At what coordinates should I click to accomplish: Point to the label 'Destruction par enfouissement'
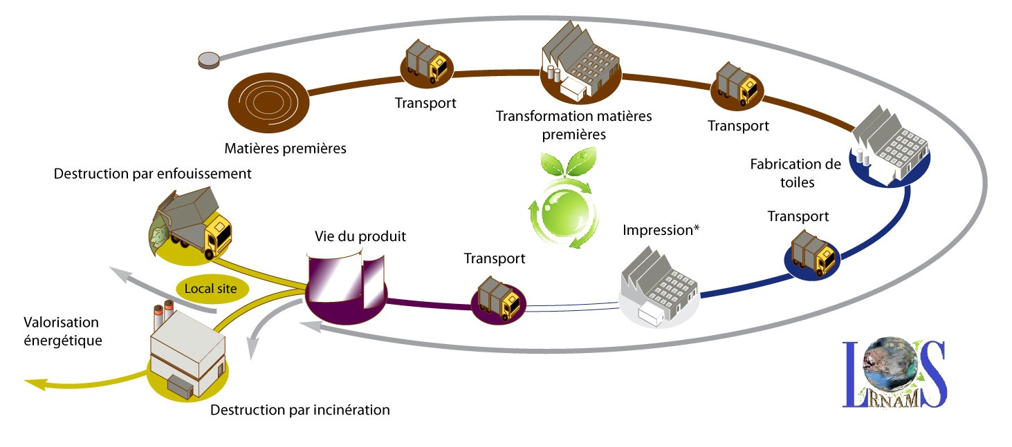[152, 174]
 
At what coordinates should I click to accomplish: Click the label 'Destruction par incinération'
[300, 410]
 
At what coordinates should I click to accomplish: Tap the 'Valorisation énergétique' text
[62, 331]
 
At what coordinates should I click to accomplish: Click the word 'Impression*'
[661, 230]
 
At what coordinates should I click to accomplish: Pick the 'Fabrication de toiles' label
[795, 173]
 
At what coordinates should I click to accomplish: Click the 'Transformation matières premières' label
[573, 124]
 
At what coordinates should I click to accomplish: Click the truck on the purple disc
[499, 298]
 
